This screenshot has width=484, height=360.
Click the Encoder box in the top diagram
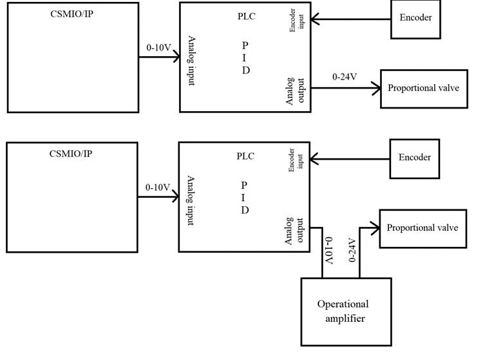[414, 17]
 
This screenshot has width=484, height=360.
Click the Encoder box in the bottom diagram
[414, 157]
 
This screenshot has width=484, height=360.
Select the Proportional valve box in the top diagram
[423, 87]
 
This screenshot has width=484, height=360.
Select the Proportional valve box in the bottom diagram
[422, 228]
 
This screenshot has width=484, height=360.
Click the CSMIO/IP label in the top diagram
[71, 14]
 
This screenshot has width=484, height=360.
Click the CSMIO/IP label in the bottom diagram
[71, 154]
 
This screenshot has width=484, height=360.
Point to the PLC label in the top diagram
[246, 16]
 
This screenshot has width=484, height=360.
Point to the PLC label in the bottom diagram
[246, 156]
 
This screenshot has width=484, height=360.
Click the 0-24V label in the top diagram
[344, 77]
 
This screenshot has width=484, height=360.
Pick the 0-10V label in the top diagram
[158, 47]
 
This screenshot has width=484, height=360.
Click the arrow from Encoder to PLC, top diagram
[350, 18]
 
